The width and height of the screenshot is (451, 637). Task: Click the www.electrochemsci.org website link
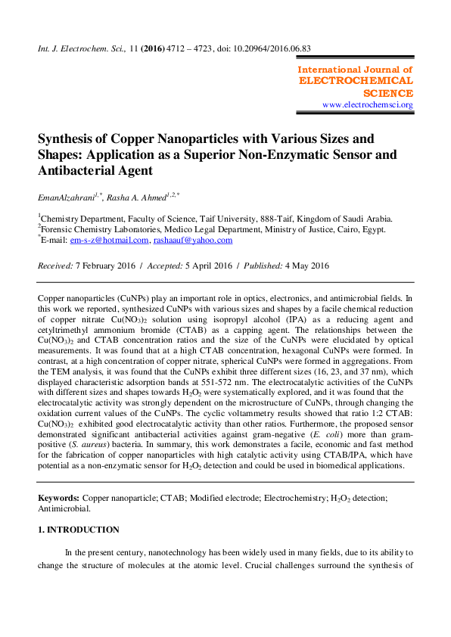pos(368,105)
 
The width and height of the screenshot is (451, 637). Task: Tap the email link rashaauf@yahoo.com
pos(192,240)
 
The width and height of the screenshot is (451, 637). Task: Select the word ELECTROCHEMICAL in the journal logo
pos(356,81)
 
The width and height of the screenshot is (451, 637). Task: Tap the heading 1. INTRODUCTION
pos(79,530)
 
